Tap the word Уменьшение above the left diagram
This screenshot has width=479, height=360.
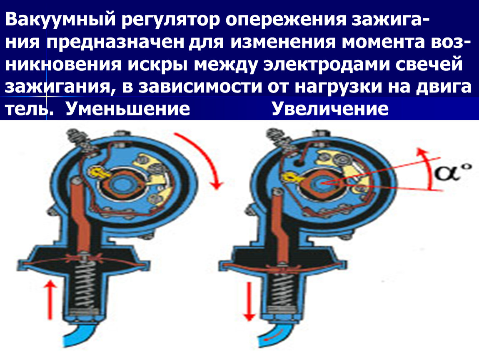pos(128,108)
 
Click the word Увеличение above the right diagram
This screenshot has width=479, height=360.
pos(330,108)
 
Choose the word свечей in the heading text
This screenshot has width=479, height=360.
pos(428,64)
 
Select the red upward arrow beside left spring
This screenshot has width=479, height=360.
pos(50,300)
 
